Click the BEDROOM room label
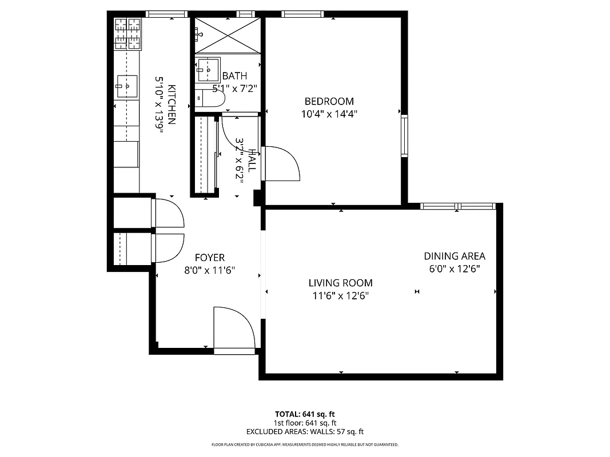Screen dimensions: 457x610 click(329, 101)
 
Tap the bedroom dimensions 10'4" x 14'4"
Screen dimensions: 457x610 click(329, 114)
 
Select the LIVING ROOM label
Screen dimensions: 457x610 click(340, 283)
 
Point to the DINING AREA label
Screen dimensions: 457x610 click(454, 256)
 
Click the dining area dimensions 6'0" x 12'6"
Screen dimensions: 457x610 click(454, 268)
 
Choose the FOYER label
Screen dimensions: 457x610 click(209, 258)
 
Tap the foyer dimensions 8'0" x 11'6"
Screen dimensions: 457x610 click(209, 270)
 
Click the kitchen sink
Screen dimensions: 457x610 click(127, 86)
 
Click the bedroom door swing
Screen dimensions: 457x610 click(281, 163)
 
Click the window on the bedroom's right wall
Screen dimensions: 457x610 click(405, 135)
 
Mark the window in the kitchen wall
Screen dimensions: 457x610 click(166, 14)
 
